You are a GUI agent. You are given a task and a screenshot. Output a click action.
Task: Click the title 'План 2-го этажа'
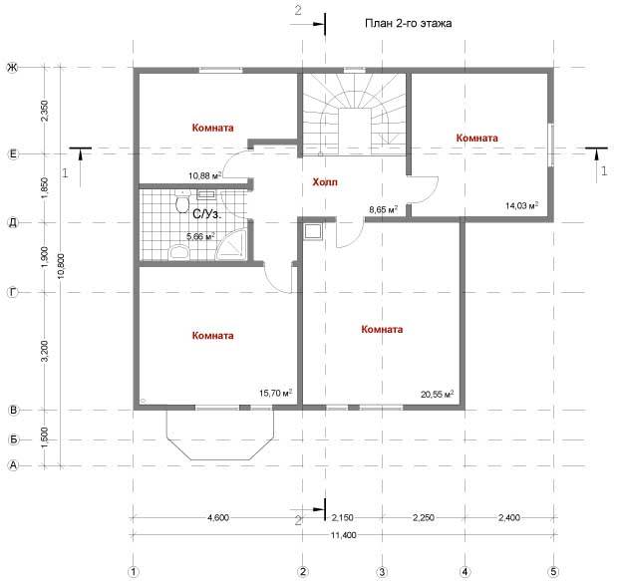tap(409, 23)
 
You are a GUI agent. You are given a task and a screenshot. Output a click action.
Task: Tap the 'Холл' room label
tap(325, 182)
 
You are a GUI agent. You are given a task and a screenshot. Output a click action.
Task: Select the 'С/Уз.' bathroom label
tap(207, 214)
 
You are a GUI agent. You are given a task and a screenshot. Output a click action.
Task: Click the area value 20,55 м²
tap(438, 394)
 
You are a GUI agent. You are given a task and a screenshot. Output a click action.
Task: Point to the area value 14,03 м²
tap(522, 205)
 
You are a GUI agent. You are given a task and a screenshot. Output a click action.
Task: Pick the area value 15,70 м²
tap(275, 393)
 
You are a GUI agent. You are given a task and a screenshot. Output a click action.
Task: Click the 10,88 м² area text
tap(204, 175)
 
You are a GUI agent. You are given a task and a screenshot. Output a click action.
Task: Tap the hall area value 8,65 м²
tap(383, 209)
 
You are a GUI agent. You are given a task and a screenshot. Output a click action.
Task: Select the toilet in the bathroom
tap(182, 202)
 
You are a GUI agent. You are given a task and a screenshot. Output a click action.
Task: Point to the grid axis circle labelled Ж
tap(13, 68)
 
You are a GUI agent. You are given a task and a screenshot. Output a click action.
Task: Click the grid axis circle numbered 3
tap(382, 571)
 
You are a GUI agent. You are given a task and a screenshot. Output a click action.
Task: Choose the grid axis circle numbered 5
tap(554, 571)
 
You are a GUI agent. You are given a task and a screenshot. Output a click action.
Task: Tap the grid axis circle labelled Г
tap(13, 292)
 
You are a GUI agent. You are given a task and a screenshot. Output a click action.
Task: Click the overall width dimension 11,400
tap(343, 535)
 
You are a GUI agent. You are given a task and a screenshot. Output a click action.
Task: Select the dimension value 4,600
tap(218, 517)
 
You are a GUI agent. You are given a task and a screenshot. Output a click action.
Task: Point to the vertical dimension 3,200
tap(44, 351)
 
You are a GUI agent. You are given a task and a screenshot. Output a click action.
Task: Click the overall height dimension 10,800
tap(61, 266)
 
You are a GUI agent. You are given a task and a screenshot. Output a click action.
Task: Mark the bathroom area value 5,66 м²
tap(200, 236)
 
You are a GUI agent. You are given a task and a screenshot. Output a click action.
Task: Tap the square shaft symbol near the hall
tap(313, 231)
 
